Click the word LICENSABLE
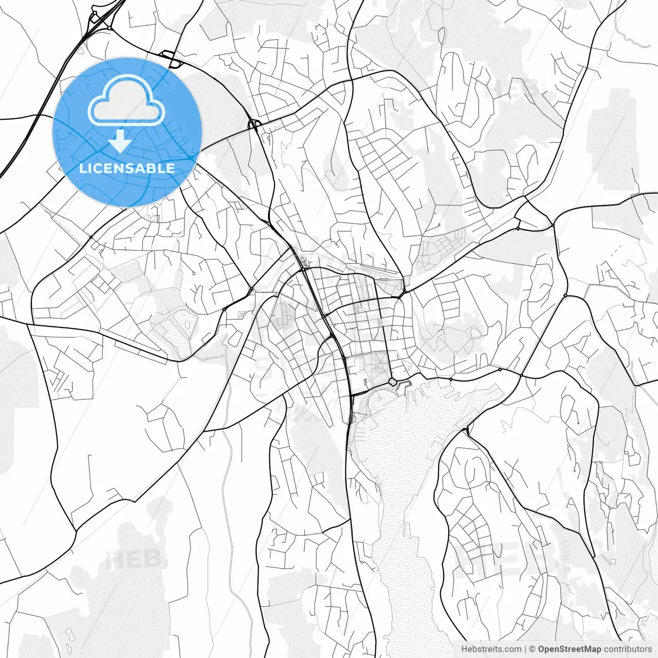click(127, 168)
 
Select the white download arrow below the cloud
click(120, 141)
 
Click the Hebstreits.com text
click(491, 649)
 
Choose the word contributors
click(628, 649)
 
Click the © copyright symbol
click(533, 649)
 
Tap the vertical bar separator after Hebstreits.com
click(525, 649)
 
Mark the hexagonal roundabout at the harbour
click(393, 382)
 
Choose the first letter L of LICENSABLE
click(82, 168)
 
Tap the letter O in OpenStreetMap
click(541, 649)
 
